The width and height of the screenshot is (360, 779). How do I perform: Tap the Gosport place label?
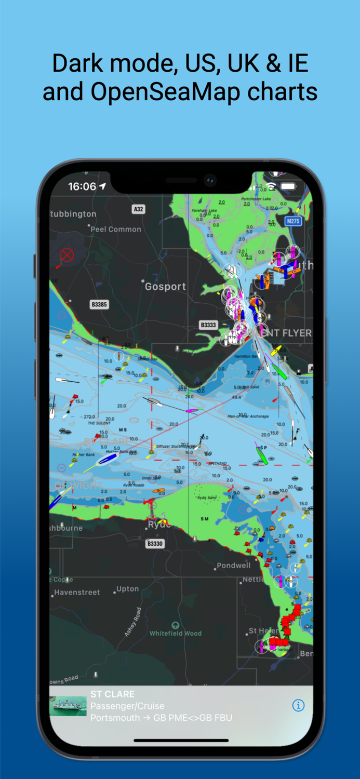pyautogui.click(x=165, y=287)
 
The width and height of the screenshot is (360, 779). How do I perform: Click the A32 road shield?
pyautogui.click(x=138, y=209)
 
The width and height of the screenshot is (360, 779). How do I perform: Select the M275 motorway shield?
pyautogui.click(x=294, y=221)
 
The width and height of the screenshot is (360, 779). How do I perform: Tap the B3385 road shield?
pyautogui.click(x=99, y=305)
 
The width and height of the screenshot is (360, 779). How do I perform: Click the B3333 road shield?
pyautogui.click(x=208, y=325)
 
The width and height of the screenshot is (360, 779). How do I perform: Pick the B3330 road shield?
pyautogui.click(x=155, y=544)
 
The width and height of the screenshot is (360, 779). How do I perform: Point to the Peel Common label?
pyautogui.click(x=116, y=229)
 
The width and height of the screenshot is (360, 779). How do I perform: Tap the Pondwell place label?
pyautogui.click(x=233, y=566)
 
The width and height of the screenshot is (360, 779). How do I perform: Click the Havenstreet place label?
pyautogui.click(x=77, y=592)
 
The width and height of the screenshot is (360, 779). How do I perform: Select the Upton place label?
pyautogui.click(x=127, y=589)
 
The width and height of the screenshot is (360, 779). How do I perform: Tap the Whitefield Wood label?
pyautogui.click(x=176, y=634)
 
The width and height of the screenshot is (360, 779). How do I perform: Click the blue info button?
pyautogui.click(x=298, y=705)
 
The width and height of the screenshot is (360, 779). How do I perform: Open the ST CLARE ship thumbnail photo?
pyautogui.click(x=68, y=706)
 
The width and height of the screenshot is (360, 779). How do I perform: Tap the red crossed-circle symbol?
pyautogui.click(x=67, y=255)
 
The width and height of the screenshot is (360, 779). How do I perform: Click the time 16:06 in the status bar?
pyautogui.click(x=82, y=186)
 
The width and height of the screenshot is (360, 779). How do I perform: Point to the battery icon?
pyautogui.click(x=288, y=186)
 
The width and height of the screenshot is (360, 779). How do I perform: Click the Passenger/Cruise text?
pyautogui.click(x=127, y=706)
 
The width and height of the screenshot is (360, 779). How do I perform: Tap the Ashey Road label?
pyautogui.click(x=132, y=622)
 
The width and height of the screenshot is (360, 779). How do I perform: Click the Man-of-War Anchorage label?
pyautogui.click(x=248, y=416)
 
